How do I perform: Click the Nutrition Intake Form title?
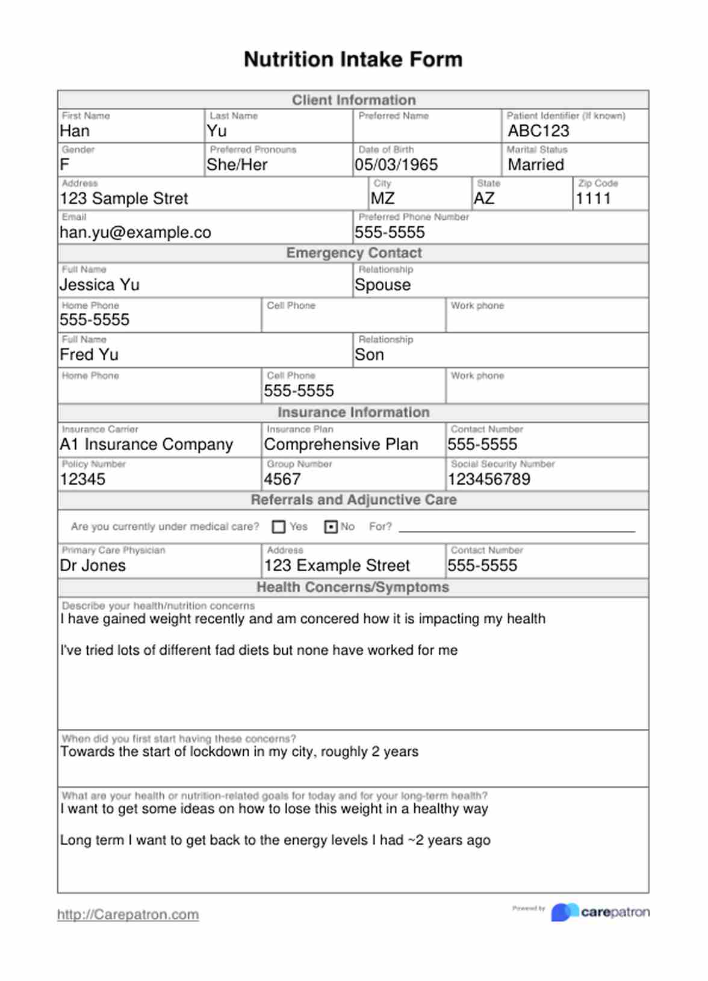(353, 59)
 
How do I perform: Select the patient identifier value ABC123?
(538, 131)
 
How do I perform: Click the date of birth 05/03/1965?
(396, 165)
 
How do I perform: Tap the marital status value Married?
(536, 165)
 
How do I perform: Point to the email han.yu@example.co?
(135, 232)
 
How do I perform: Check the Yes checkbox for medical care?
(279, 527)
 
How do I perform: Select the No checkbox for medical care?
(331, 527)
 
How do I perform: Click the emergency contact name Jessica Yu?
(99, 285)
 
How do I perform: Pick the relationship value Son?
(369, 355)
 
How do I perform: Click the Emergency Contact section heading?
(353, 253)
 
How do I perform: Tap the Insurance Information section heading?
(353, 412)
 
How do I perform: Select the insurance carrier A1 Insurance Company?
(146, 445)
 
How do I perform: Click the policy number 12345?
(82, 480)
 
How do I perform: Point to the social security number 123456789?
(488, 480)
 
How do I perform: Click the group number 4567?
(282, 480)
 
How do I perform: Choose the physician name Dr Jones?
(93, 566)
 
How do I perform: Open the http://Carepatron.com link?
(128, 915)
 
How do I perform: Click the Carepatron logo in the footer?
(600, 912)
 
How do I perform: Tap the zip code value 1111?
(593, 199)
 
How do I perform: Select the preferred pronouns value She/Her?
(237, 165)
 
